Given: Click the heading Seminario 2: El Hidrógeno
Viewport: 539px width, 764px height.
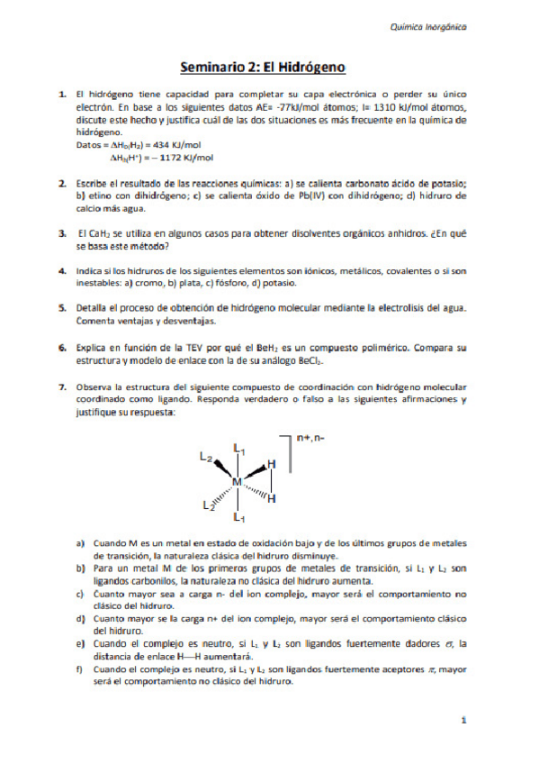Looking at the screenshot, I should tap(263, 67).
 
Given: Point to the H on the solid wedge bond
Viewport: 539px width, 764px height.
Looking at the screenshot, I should tap(272, 464).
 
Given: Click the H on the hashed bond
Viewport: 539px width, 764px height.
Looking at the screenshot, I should tap(272, 498).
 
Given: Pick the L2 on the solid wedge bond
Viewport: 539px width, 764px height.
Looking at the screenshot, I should tap(205, 458).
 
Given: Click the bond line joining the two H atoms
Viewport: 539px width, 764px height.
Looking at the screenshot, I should tap(272, 481).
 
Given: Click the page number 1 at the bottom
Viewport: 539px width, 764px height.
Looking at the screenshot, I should tap(463, 721).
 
